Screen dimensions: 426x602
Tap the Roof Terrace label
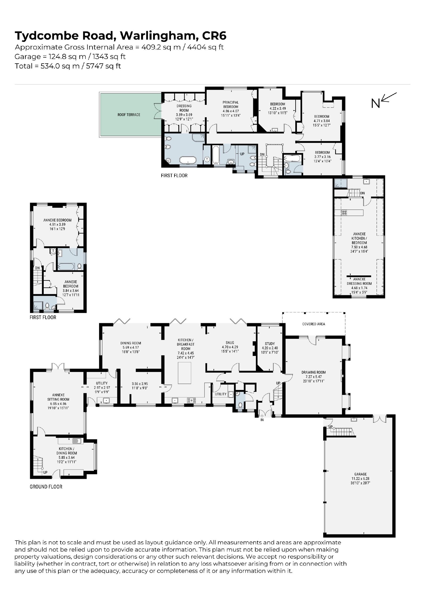point(129,115)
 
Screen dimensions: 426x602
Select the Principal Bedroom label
point(231,105)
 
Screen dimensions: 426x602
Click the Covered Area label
point(314,324)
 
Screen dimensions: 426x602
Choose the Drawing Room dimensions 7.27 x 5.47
point(313,377)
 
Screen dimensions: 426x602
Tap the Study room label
point(270,344)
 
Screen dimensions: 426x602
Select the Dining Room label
point(131,343)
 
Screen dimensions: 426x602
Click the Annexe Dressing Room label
point(359,281)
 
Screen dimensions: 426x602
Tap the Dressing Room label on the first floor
point(184,108)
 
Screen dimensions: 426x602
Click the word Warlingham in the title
point(158,36)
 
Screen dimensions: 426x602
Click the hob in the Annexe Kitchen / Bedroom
point(344,213)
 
